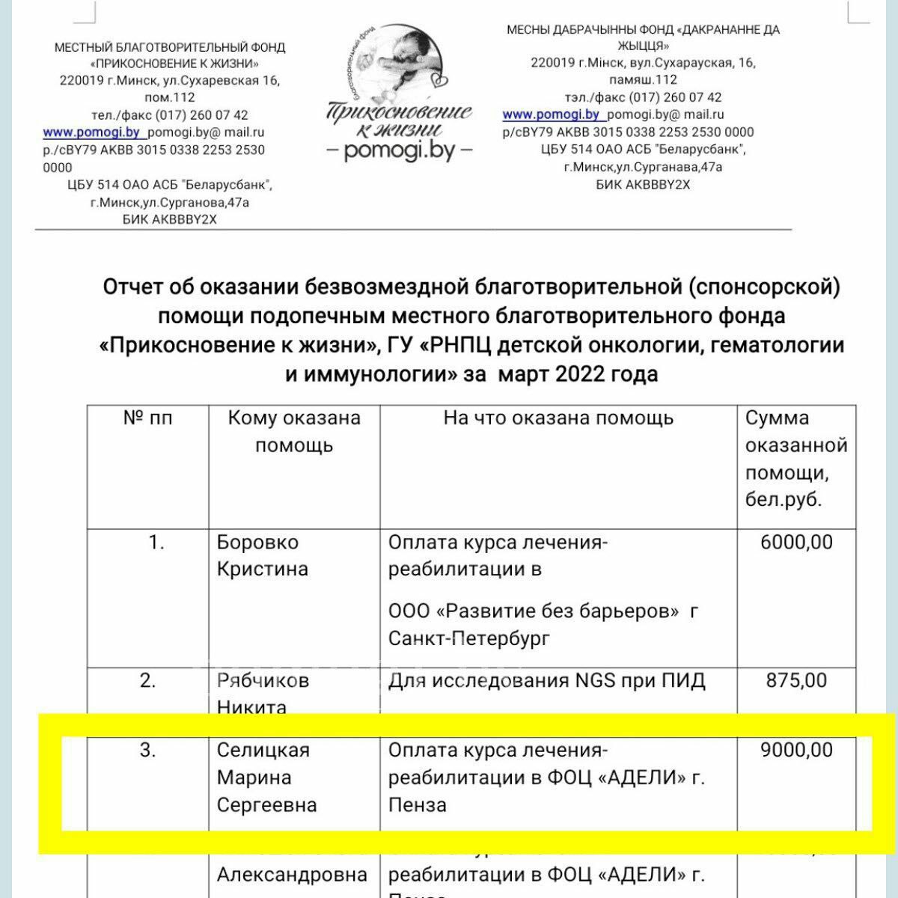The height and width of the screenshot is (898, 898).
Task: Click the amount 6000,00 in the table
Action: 796,542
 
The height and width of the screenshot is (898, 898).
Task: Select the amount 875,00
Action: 796,680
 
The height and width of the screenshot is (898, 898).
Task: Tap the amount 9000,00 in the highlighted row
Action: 796,750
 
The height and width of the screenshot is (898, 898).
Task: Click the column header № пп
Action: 147,418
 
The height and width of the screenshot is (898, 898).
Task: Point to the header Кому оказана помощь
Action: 294,432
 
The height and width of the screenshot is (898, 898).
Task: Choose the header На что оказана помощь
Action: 558,418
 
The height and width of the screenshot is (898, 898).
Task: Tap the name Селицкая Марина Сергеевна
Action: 266,778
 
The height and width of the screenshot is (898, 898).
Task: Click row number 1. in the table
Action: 156,542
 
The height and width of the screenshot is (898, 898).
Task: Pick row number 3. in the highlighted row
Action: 148,750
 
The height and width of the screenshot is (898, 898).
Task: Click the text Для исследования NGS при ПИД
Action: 547,680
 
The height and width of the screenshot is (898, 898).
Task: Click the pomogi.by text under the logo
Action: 400,151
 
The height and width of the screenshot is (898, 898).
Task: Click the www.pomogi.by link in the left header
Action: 92,132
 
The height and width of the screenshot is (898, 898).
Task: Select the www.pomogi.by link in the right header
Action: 552,114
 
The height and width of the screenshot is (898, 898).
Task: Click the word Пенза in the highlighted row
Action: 417,805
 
